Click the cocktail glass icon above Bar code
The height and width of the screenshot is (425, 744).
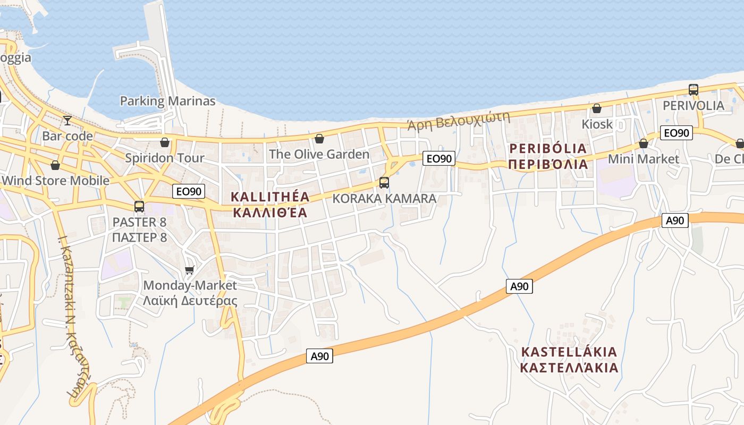(x=67, y=121)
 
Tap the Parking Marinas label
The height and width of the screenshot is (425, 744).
(x=167, y=101)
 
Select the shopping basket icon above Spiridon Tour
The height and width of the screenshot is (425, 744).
(x=165, y=142)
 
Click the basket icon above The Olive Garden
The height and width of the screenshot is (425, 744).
(x=319, y=139)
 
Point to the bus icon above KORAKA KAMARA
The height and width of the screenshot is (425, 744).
(x=384, y=183)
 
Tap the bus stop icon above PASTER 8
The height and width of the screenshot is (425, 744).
(x=139, y=206)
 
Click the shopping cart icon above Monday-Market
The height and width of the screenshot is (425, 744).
(x=190, y=270)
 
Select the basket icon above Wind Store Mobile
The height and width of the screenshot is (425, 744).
(x=55, y=165)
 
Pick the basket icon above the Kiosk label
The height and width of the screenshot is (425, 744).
(x=597, y=108)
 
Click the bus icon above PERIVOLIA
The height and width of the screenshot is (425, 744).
(x=694, y=89)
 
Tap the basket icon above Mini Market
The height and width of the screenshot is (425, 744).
(x=644, y=143)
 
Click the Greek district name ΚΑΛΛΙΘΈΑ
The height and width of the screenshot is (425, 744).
(x=270, y=213)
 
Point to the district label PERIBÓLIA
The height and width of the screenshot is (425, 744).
(x=548, y=148)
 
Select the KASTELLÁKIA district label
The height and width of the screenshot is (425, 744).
(x=569, y=352)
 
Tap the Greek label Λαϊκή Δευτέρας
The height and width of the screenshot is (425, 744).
(x=190, y=301)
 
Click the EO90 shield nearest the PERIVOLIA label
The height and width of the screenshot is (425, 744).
(x=676, y=133)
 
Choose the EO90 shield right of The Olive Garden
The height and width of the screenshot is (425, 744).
(x=439, y=158)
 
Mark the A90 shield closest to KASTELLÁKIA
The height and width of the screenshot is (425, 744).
(x=519, y=286)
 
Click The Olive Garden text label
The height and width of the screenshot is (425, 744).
(x=319, y=154)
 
